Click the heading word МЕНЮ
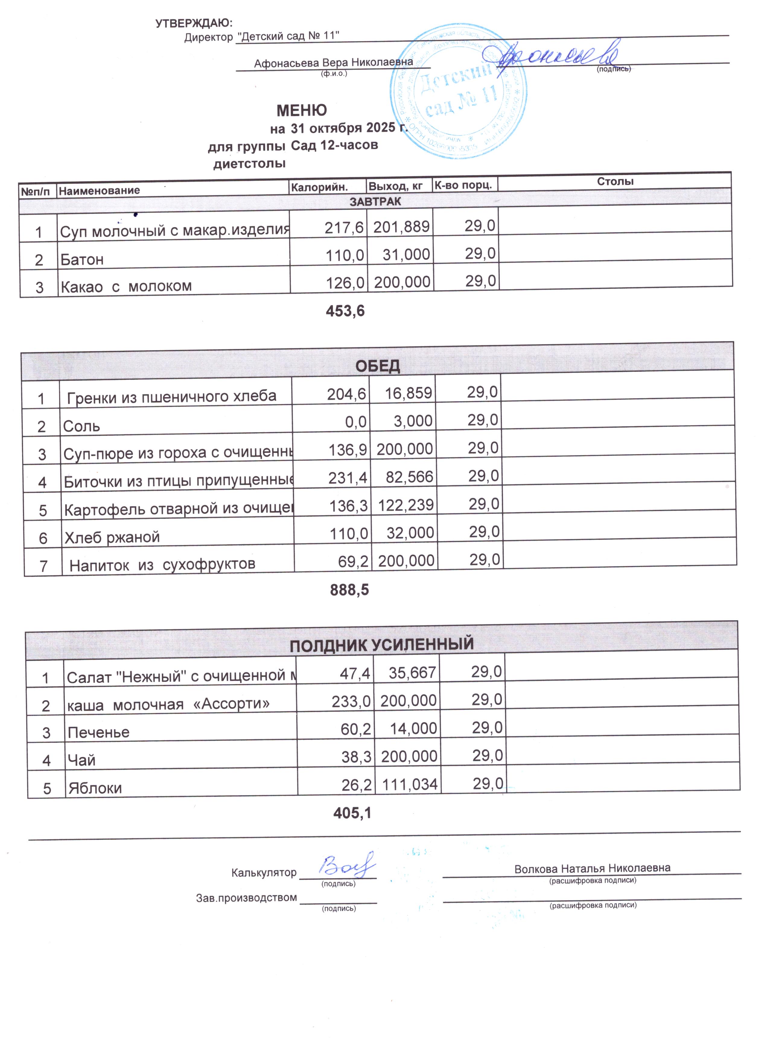click(302, 111)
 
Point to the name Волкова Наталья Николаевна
click(592, 869)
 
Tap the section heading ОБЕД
click(378, 366)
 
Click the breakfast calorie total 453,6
click(345, 311)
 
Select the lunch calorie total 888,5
click(349, 590)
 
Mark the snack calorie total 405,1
click(352, 813)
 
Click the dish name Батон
click(82, 259)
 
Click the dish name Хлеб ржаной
click(112, 537)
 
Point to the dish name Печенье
click(99, 732)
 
